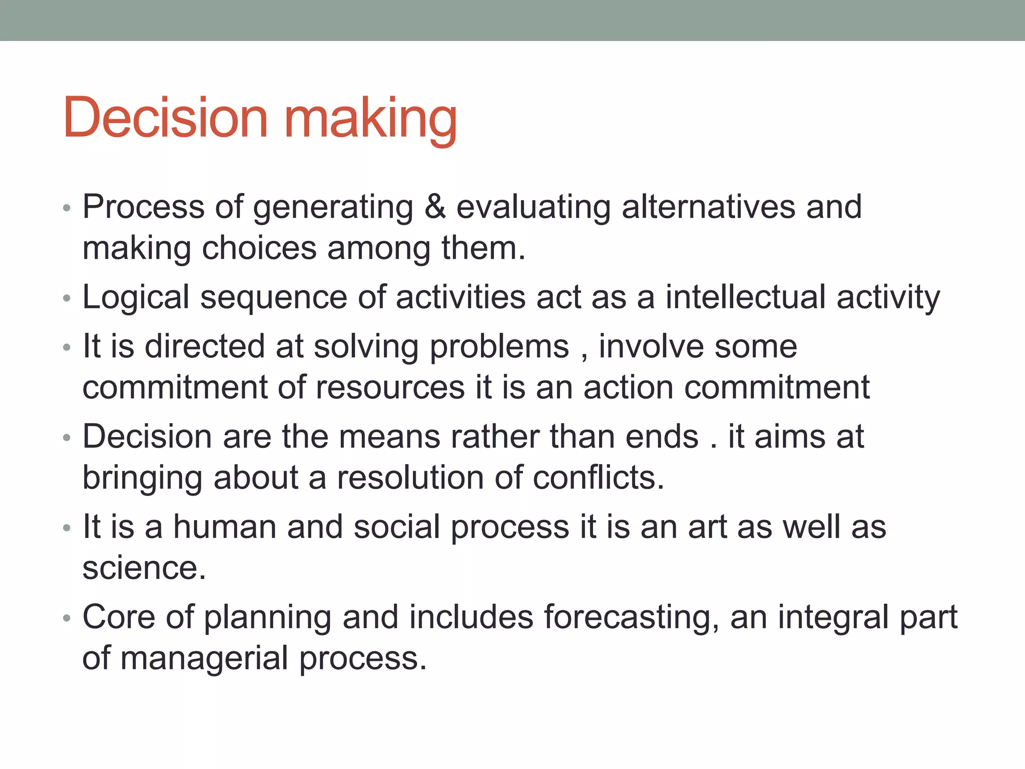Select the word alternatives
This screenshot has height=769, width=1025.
708,207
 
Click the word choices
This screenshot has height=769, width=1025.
259,248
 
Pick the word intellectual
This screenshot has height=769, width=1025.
745,297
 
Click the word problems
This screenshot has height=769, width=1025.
499,347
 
